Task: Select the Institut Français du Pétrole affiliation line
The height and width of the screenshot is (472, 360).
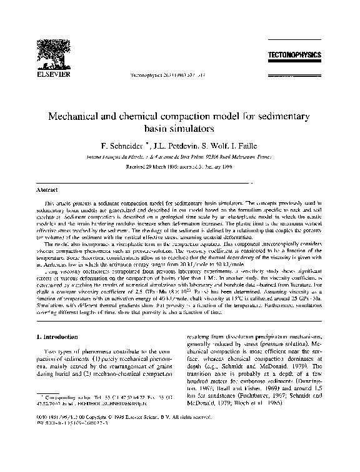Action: [x=180, y=158]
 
